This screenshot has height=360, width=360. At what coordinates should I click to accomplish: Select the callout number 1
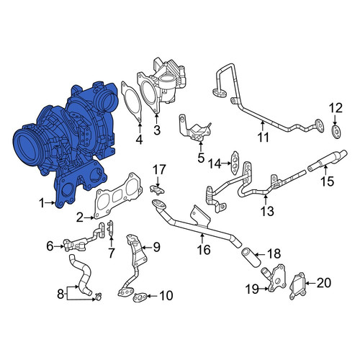click(42, 203)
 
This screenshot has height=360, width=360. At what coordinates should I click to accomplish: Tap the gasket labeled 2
click(117, 196)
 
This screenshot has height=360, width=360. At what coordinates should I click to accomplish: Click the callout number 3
click(157, 130)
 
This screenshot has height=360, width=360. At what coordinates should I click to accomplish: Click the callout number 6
click(50, 246)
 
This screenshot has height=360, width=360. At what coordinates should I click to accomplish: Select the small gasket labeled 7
click(110, 229)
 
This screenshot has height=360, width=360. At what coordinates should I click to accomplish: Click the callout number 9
click(156, 247)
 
